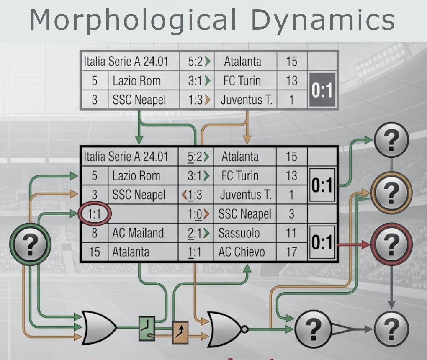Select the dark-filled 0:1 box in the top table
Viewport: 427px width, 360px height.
[322, 90]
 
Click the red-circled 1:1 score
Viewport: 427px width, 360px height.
[95, 214]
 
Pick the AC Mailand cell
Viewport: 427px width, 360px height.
[138, 233]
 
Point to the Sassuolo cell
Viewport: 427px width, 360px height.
[239, 233]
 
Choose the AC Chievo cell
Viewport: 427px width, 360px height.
[241, 252]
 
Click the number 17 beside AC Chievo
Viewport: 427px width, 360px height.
[291, 252]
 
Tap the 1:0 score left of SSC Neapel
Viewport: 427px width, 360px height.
[195, 214]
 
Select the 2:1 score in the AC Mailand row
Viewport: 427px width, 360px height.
[195, 233]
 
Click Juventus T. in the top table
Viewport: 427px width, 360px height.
[247, 100]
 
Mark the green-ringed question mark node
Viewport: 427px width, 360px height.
[30, 244]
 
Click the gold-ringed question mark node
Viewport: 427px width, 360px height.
[391, 192]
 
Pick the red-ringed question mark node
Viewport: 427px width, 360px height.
[391, 244]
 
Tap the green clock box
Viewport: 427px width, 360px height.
[147, 329]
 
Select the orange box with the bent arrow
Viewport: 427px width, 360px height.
[180, 332]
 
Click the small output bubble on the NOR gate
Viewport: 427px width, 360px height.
[244, 329]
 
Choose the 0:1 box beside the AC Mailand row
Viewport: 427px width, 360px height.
[322, 242]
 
